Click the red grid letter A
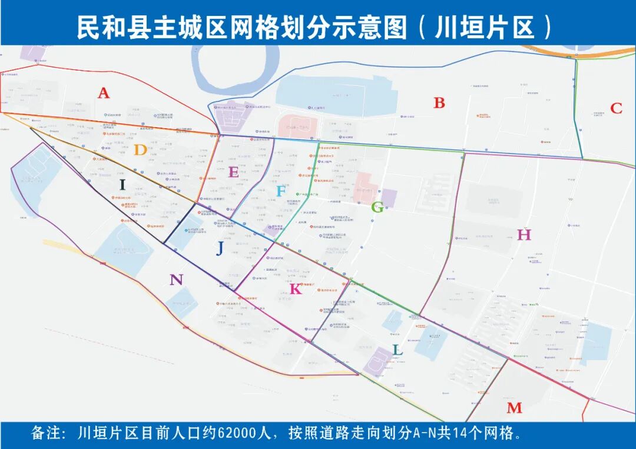tap(104, 93)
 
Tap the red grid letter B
tap(439, 103)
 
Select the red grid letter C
tap(616, 108)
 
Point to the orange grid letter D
tap(140, 150)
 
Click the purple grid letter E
tap(234, 172)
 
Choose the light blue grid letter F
tap(281, 191)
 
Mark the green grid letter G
tap(377, 207)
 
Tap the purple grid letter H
tap(524, 235)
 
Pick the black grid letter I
tap(122, 185)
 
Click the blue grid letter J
tap(220, 249)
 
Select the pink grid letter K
tap(296, 289)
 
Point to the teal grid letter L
tap(397, 350)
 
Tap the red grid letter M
tap(514, 408)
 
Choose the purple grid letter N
tap(176, 280)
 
